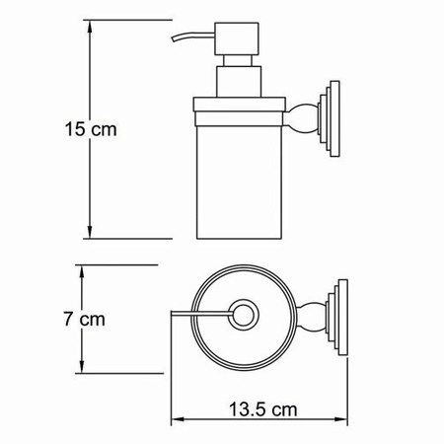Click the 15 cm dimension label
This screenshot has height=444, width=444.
(91, 129)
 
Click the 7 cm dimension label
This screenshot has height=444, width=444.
(85, 319)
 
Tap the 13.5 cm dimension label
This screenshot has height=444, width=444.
(262, 409)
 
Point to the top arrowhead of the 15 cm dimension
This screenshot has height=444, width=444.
(90, 27)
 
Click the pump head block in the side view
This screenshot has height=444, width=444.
(237, 38)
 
